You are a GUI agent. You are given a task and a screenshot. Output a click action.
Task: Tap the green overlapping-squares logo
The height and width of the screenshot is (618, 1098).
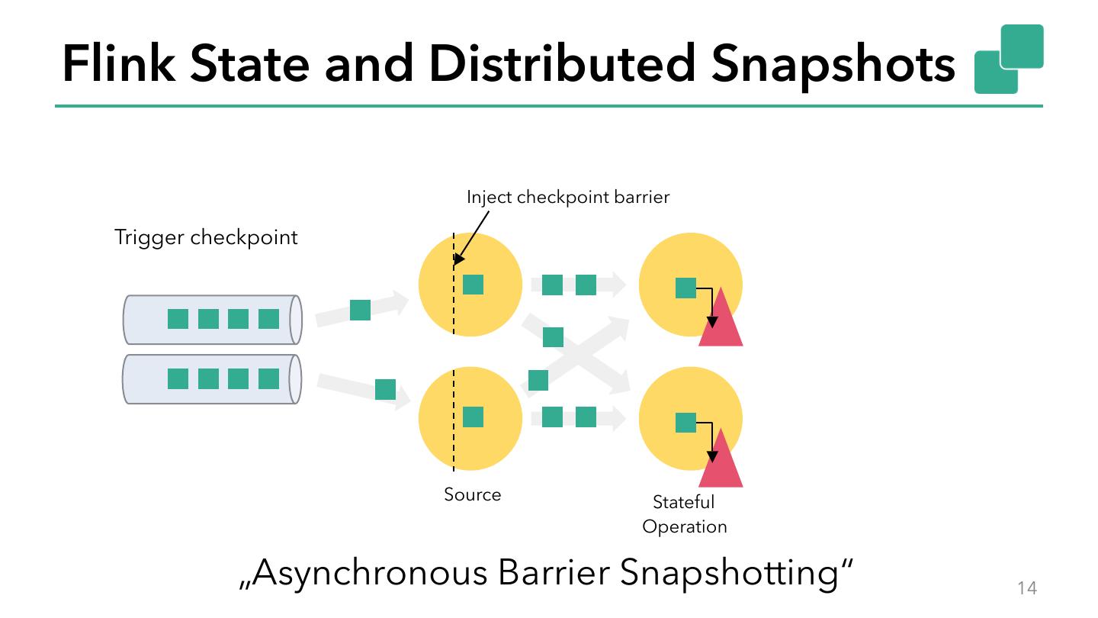tap(1008, 59)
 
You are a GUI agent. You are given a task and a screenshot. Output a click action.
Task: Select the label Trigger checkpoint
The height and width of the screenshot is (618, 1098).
tap(206, 237)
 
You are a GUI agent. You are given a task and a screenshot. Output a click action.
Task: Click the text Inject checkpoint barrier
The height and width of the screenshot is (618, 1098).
tap(568, 197)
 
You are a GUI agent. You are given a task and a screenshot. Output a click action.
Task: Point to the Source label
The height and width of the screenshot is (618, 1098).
tap(473, 494)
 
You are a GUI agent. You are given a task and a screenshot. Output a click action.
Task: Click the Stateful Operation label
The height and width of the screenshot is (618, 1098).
tap(684, 514)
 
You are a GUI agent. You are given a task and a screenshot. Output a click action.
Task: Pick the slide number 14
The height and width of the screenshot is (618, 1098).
tap(1027, 587)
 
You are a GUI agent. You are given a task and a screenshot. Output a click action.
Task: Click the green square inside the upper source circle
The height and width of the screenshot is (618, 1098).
tap(474, 284)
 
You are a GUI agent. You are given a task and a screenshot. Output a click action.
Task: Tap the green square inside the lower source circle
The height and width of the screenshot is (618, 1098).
tap(474, 417)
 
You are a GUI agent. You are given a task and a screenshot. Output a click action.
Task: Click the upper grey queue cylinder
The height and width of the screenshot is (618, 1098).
tap(212, 320)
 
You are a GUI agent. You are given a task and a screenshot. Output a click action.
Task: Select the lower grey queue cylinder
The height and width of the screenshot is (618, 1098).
tap(212, 379)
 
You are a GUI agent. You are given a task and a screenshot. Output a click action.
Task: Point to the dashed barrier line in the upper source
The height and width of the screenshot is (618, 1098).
tap(454, 305)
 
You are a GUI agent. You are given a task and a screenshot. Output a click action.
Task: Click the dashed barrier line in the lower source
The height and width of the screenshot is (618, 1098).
tap(454, 443)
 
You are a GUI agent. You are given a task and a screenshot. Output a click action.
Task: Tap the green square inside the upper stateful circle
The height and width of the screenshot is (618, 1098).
tap(686, 288)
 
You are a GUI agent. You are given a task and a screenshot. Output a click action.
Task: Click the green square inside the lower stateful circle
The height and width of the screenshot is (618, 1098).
tap(686, 423)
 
